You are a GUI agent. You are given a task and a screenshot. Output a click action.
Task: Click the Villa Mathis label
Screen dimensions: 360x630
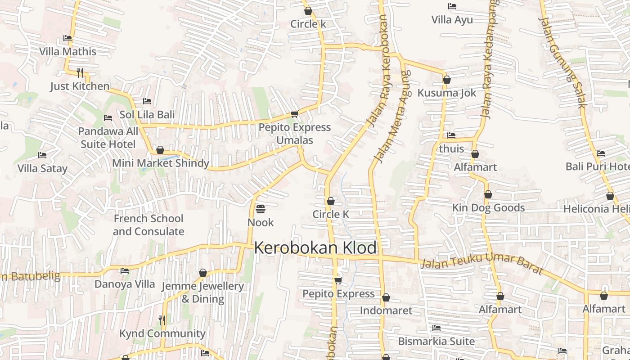coord(67,51)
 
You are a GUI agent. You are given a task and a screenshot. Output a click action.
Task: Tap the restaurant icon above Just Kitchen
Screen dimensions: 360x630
coord(80,72)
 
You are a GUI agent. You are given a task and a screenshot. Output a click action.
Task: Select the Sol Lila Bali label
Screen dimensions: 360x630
coord(147,115)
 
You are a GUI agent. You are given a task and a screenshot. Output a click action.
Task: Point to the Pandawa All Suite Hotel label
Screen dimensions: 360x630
coord(108,138)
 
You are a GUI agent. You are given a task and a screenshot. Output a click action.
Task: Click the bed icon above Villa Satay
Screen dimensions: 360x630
coord(42,155)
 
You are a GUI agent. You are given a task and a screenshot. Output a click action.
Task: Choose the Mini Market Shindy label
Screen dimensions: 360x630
coord(161,163)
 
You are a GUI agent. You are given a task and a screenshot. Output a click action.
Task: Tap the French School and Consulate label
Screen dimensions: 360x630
coord(148,225)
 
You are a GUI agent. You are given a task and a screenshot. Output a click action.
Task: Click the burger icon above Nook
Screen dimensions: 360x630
coord(261,209)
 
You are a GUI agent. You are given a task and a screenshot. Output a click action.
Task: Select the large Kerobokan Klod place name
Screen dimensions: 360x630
coord(315,248)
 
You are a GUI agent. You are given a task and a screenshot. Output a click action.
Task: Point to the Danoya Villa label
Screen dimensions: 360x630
coord(125,284)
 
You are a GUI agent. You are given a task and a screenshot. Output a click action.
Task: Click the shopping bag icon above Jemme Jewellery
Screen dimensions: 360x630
coord(203,273)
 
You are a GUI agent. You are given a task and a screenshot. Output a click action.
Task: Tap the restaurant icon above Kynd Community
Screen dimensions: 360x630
coord(162,320)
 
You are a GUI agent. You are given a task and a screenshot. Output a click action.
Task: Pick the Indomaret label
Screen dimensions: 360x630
coord(386,310)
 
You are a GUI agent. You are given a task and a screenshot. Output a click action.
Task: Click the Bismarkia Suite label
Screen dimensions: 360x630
coord(436,341)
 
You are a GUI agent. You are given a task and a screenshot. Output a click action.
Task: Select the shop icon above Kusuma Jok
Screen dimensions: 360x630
coord(447,80)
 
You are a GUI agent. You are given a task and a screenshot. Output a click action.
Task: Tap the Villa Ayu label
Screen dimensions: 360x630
coord(452,20)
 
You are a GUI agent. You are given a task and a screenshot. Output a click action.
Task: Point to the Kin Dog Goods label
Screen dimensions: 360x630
coord(488,207)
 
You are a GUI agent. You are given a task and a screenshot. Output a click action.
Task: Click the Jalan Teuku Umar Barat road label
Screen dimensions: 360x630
coord(482,264)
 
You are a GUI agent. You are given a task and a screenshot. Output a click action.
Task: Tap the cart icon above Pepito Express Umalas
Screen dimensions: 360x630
coord(294,114)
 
